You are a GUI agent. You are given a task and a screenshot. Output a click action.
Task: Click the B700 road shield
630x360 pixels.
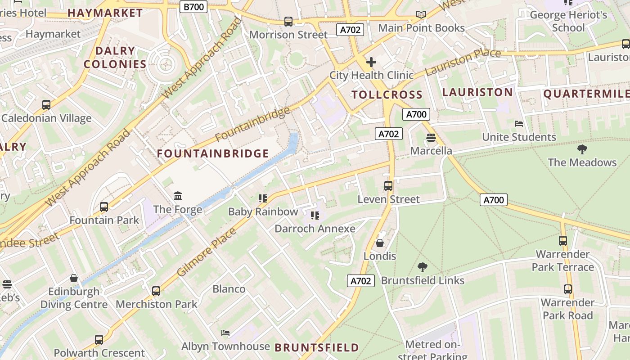193,7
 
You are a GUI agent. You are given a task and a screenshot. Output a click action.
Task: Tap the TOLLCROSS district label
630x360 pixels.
387,94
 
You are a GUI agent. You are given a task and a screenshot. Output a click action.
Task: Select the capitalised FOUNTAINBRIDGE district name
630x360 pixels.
213,153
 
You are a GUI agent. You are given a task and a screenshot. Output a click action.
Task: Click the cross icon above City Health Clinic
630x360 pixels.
371,62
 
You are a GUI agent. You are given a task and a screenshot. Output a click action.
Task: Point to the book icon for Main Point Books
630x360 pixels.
421,15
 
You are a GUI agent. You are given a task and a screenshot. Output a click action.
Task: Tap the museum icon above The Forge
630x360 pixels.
178,196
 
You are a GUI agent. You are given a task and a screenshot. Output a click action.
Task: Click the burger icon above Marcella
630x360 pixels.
431,138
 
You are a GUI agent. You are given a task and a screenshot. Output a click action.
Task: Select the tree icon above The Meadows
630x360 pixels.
582,149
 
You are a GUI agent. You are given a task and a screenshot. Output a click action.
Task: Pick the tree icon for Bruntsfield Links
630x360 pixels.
422,267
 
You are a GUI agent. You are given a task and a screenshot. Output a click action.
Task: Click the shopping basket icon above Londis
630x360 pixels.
380,243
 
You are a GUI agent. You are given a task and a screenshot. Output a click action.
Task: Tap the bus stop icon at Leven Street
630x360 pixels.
388,186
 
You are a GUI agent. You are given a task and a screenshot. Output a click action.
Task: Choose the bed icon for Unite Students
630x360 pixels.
519,124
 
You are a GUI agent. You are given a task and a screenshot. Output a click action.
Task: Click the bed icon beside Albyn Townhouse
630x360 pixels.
226,333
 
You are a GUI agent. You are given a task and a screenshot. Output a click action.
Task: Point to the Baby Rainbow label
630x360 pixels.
263,211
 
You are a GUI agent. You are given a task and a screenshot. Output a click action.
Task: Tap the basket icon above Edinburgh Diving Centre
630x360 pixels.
74,279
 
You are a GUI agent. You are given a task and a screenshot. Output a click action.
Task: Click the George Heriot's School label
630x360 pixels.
568,21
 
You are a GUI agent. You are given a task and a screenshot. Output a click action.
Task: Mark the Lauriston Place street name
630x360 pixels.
463,62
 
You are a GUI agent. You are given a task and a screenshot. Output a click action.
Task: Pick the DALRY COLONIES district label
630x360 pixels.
115,58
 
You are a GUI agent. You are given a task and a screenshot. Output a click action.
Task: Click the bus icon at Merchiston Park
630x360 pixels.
156,291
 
